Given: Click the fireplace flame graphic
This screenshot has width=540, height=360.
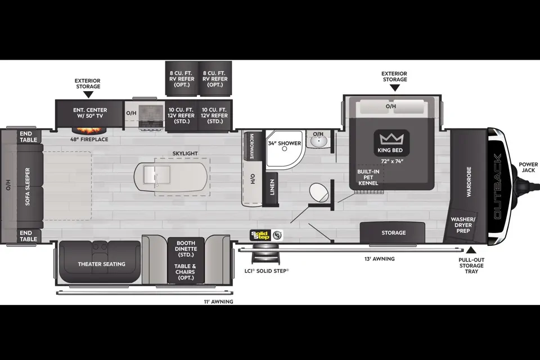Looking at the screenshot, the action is pyautogui.click(x=89, y=131).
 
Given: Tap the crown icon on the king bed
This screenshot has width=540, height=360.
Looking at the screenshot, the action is pyautogui.click(x=391, y=139).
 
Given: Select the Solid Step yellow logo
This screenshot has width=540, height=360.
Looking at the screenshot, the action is pyautogui.click(x=260, y=235).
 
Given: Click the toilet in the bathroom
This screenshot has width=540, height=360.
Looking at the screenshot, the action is pyautogui.click(x=319, y=192).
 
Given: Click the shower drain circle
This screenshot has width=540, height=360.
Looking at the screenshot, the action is pyautogui.click(x=285, y=149).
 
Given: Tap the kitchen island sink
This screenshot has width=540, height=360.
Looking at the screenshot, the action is pyautogui.click(x=157, y=174).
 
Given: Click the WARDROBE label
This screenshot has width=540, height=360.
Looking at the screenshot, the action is pyautogui.click(x=469, y=182).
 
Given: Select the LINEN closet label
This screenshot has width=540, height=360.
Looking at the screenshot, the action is pyautogui.click(x=272, y=187).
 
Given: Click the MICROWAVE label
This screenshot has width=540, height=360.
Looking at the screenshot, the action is pyautogui.click(x=251, y=146).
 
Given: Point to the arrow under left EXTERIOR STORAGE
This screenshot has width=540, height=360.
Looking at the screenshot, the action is pyautogui.click(x=88, y=94).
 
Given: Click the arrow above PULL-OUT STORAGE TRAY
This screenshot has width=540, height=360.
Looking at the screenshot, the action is pyautogui.click(x=471, y=250).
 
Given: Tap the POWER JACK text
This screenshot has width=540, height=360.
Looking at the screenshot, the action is pyautogui.click(x=528, y=168).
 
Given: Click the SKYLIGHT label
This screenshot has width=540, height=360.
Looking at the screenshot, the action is pyautogui.click(x=185, y=154).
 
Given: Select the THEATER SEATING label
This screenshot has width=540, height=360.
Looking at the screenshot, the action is pyautogui.click(x=102, y=264).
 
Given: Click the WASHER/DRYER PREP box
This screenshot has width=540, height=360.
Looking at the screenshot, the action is pyautogui.click(x=462, y=226).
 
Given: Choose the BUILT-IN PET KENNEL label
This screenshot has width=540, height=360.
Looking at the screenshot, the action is pyautogui.click(x=368, y=177).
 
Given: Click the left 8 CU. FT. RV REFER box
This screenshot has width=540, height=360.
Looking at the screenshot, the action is pyautogui.click(x=182, y=79).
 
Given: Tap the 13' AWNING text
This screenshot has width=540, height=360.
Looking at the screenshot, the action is pyautogui.click(x=380, y=259).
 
